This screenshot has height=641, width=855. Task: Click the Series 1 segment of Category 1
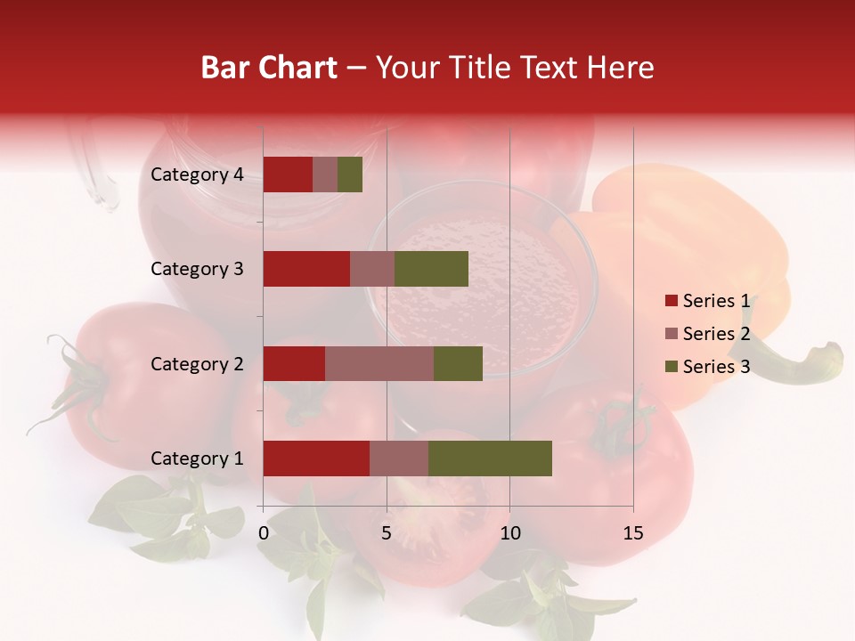tap(316, 458)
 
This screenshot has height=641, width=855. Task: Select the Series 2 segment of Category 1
tap(399, 458)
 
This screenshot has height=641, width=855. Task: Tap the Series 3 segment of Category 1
tap(490, 458)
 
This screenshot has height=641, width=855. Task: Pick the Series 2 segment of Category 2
tap(379, 363)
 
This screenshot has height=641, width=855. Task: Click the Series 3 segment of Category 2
tap(458, 363)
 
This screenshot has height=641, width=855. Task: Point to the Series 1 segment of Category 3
tap(306, 269)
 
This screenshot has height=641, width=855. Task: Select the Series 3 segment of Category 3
tap(431, 269)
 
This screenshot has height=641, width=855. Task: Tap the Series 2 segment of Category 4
tap(325, 174)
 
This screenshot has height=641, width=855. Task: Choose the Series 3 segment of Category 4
tap(350, 174)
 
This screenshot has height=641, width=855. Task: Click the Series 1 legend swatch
tap(671, 301)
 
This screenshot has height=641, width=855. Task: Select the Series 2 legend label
tap(716, 334)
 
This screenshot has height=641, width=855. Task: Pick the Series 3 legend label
tap(716, 367)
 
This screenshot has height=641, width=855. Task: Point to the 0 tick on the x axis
tap(264, 533)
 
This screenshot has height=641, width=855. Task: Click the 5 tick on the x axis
tap(387, 533)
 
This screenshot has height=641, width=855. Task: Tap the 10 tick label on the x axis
tap(509, 533)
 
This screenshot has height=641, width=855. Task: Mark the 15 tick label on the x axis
tap(632, 533)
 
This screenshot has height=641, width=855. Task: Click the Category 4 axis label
tap(197, 174)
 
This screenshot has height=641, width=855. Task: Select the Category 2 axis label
tap(197, 363)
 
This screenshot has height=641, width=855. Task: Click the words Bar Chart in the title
tap(269, 68)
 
